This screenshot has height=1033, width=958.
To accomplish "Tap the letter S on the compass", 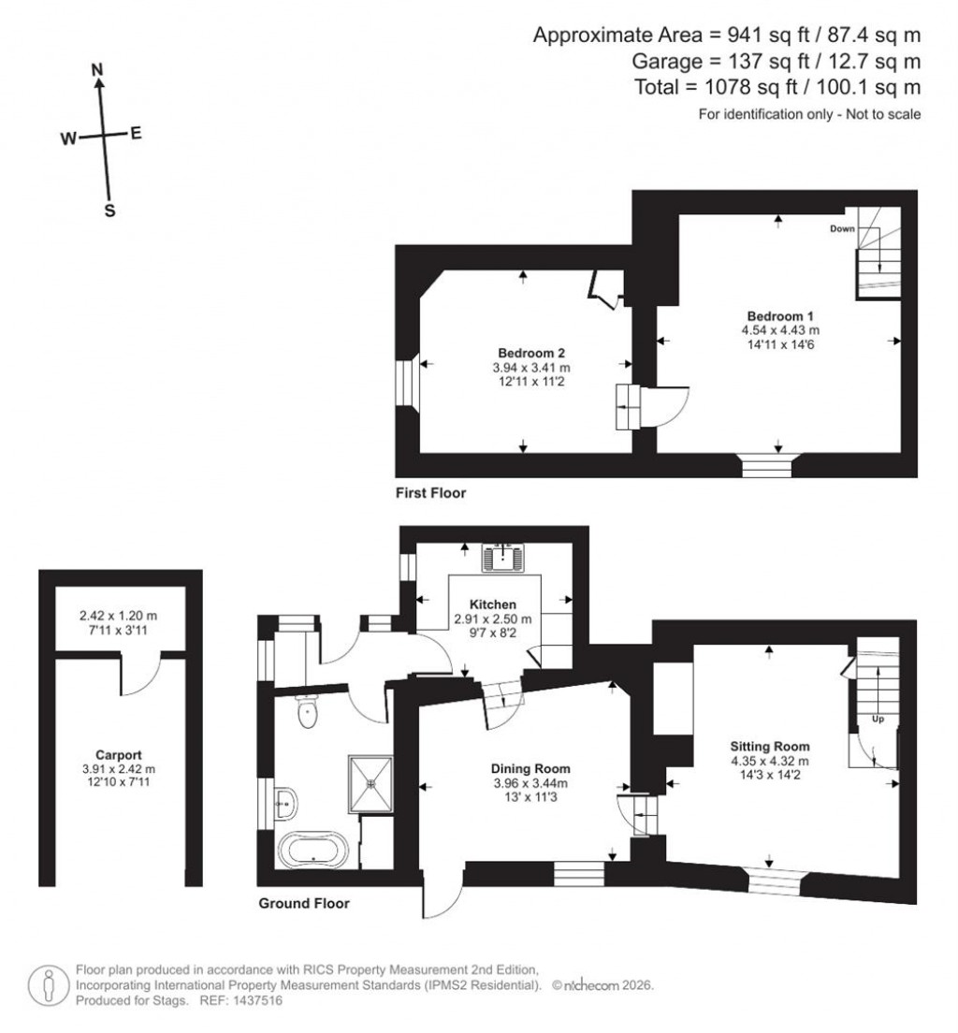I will click(109, 211).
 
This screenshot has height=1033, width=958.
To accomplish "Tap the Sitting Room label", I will click(769, 746).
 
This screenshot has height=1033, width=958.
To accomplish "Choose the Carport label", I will click(119, 754).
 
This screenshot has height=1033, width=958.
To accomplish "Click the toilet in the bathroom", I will click(306, 715).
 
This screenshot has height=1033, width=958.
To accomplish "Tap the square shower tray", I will click(371, 778).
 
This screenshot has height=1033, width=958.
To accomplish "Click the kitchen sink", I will click(505, 559).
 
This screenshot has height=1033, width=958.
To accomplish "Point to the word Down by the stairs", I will click(842, 228).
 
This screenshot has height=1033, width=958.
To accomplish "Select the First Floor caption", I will click(430, 492).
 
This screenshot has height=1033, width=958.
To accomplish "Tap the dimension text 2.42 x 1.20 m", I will click(119, 617).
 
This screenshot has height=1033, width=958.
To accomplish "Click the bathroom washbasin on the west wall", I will click(285, 800).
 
